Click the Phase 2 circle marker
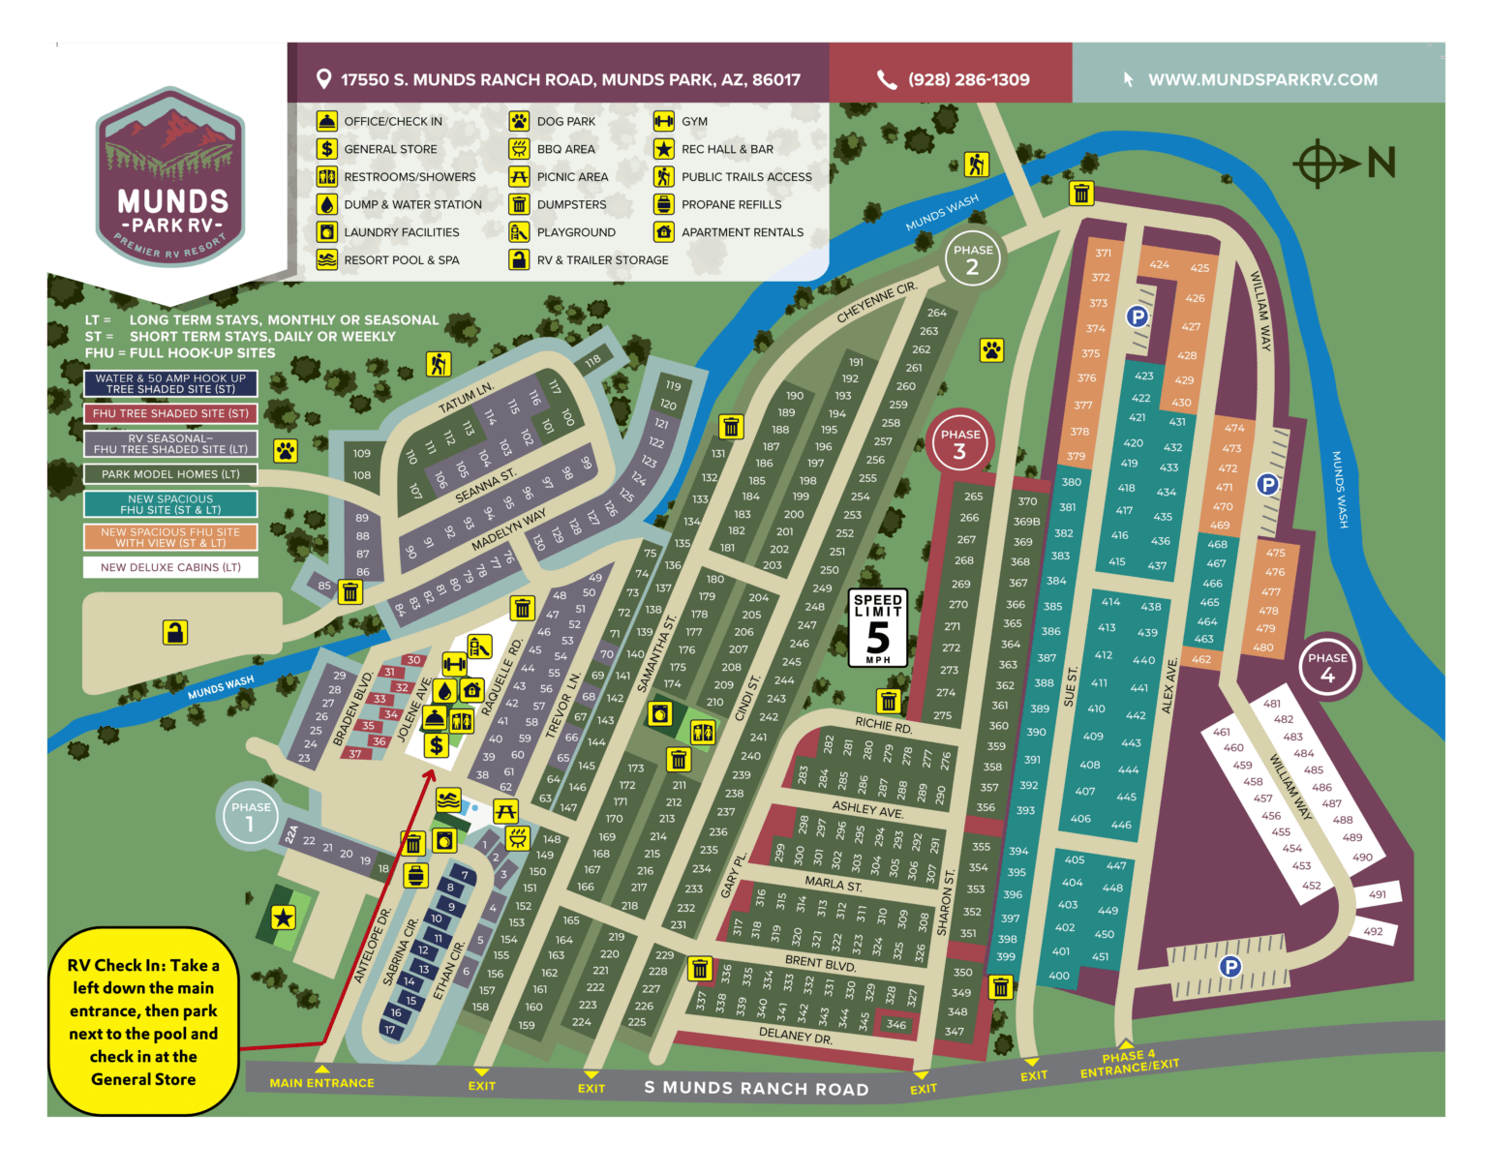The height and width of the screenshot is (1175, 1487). [x=972, y=259]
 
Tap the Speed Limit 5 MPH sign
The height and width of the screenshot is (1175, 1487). [x=878, y=627]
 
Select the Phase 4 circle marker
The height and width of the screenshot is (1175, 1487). [x=1327, y=667]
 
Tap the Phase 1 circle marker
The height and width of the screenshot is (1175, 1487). [x=250, y=816]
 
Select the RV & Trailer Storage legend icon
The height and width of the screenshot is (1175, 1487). [x=519, y=259]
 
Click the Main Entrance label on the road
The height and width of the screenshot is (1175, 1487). [x=321, y=1083]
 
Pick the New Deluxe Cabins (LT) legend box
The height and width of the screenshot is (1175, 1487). [x=170, y=567]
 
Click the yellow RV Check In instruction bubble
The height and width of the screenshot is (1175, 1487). [x=143, y=1022]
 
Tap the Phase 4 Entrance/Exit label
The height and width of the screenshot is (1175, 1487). [x=1129, y=1064]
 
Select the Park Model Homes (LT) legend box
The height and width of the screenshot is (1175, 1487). [x=170, y=474]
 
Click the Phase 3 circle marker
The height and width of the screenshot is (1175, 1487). [x=959, y=442]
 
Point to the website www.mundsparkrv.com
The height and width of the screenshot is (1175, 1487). [x=1262, y=79]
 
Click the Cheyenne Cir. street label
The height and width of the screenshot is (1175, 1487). [x=876, y=304]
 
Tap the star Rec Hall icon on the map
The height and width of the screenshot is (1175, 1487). [x=283, y=918]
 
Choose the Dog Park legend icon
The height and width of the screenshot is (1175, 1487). [x=519, y=121]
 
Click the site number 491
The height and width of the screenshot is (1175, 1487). [x=1377, y=894]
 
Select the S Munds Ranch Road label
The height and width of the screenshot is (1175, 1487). [x=756, y=1088]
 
